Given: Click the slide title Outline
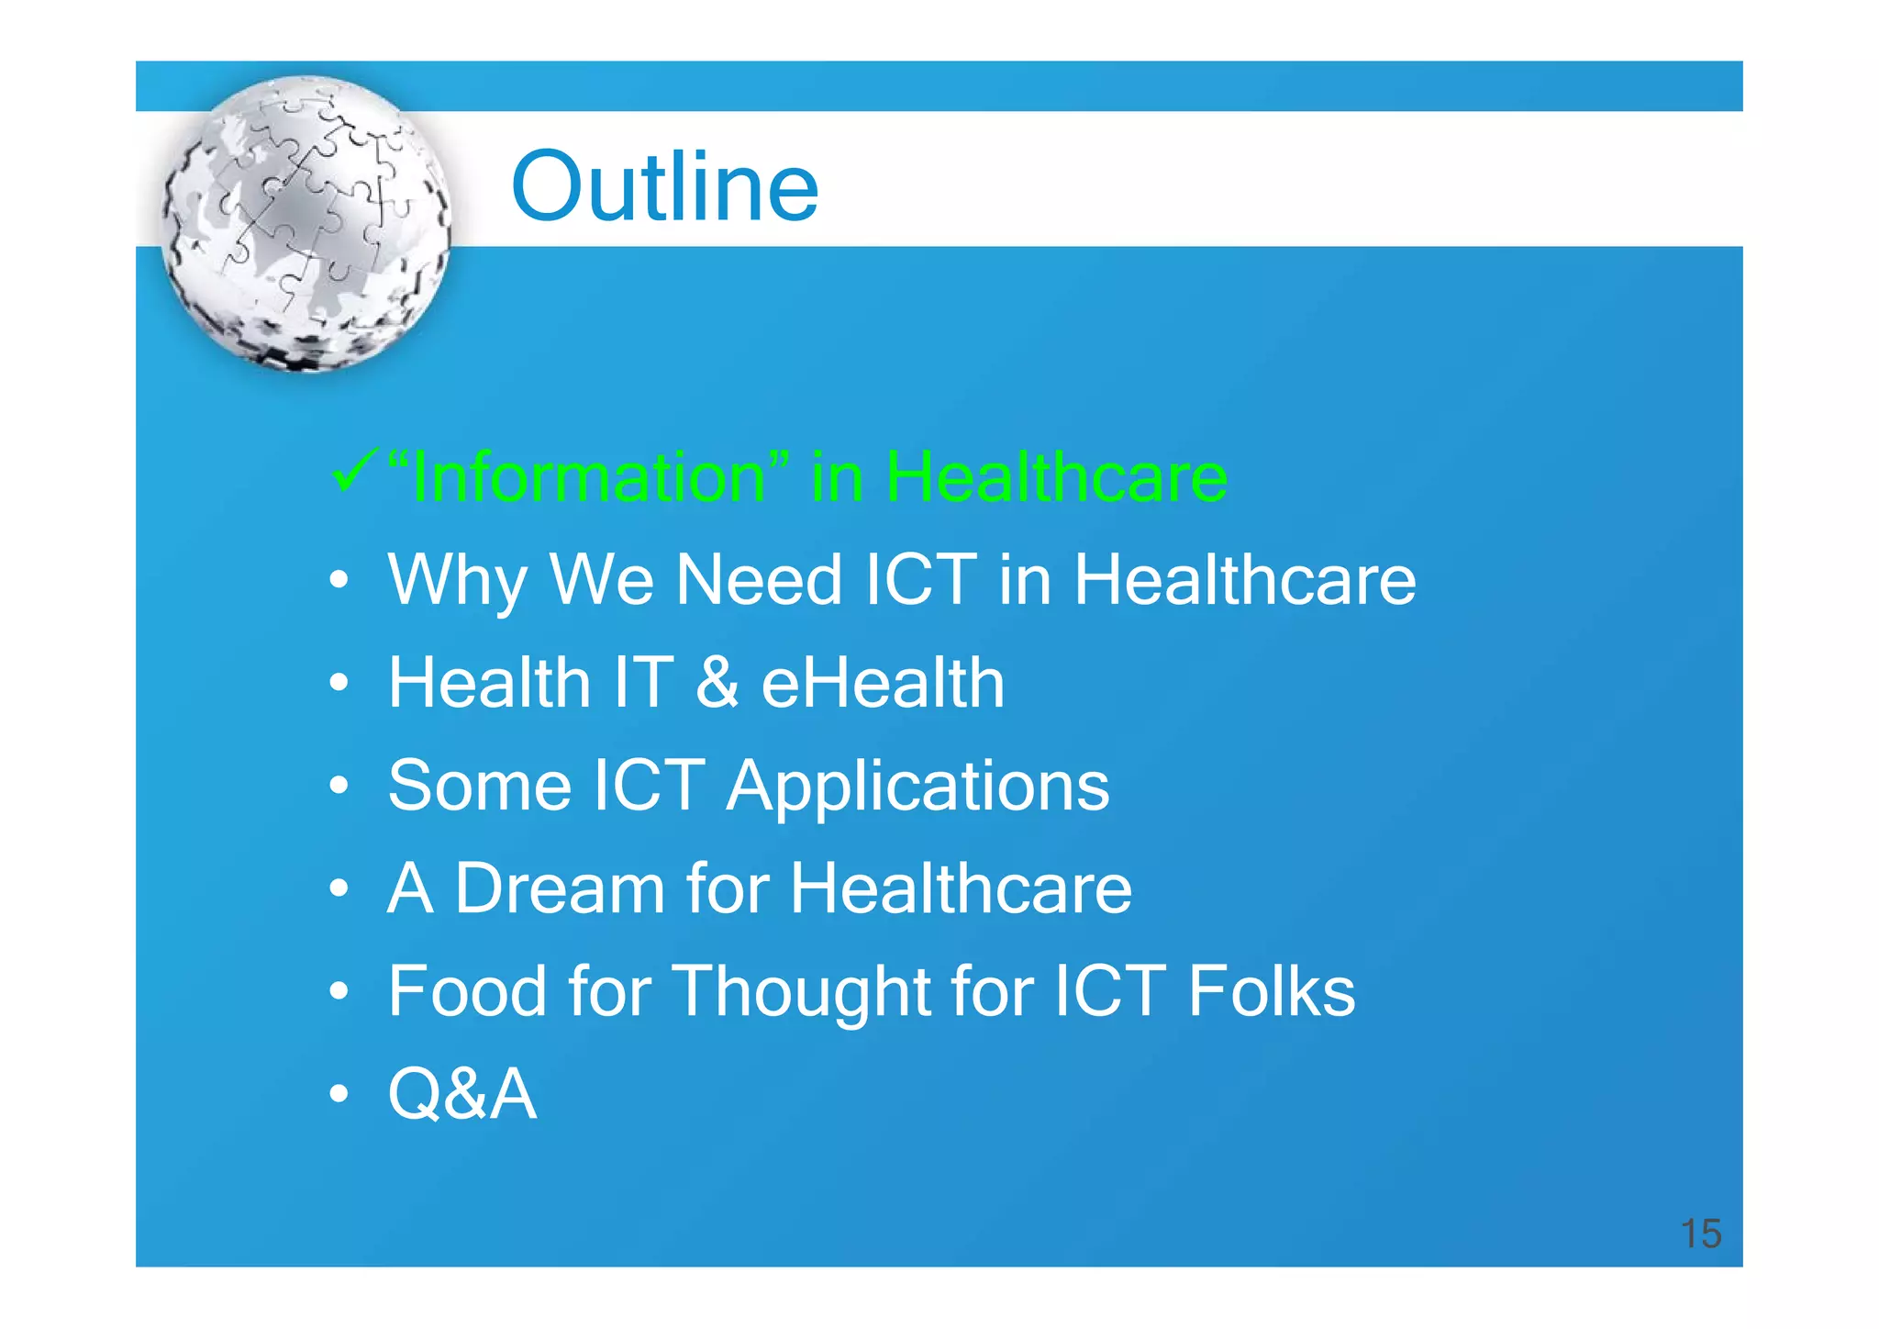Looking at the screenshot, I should (x=664, y=187).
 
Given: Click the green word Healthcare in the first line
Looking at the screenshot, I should (x=1055, y=477).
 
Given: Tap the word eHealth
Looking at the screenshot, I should (x=883, y=683).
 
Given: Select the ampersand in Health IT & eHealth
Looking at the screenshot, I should (x=717, y=683).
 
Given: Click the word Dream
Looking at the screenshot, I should (x=560, y=888).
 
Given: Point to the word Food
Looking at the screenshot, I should (x=468, y=991).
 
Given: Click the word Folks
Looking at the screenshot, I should (x=1271, y=991).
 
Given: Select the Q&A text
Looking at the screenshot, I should (x=462, y=1094).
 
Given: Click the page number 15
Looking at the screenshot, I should (x=1700, y=1234).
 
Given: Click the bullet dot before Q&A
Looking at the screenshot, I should (x=339, y=1094).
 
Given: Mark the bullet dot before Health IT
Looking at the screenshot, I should (x=339, y=683).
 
